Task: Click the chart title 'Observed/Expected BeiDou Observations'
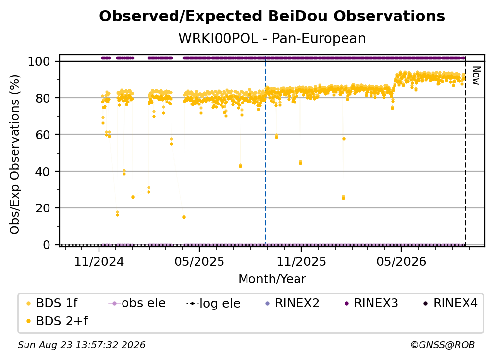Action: pos(272,16)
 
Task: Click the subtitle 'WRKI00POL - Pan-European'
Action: pos(272,39)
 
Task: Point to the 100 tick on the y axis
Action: pos(39,61)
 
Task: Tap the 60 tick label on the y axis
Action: pos(43,135)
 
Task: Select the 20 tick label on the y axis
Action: pos(43,208)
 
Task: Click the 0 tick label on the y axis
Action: pos(47,245)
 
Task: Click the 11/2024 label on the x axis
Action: pos(99,261)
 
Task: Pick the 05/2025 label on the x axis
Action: pos(199,261)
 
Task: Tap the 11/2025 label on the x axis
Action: pos(301,261)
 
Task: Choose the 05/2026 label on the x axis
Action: pos(401,261)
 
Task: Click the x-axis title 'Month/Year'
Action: pos(272,279)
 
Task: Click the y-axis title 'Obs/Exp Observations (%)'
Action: pos(15,154)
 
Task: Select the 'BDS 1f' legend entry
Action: pos(52,303)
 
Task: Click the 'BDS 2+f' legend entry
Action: pos(57,321)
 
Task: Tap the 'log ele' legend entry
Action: pos(213,304)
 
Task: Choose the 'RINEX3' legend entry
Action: pos(371,303)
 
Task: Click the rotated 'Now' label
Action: pos(476,76)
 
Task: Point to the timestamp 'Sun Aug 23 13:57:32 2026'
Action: pos(81,345)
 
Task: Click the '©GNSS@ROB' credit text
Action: pos(443,345)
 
